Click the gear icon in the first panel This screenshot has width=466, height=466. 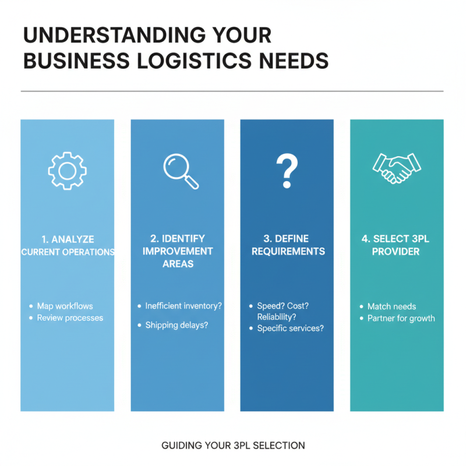pos(67,170)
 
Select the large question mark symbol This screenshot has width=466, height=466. pos(287,171)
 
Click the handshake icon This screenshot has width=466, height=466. pos(396,168)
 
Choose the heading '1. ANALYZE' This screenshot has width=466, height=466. pos(68,239)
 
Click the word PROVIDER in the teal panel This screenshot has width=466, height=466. pos(396,252)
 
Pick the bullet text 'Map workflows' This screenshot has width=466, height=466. pos(65,306)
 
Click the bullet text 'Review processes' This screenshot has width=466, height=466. pos(70,318)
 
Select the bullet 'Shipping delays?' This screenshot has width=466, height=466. pos(176,325)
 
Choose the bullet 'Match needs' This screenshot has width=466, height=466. pos(391,306)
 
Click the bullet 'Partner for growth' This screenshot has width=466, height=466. pos(401,319)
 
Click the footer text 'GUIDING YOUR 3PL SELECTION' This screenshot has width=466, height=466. pos(233,446)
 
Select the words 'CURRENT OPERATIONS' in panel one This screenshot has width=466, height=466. pos(68,252)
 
